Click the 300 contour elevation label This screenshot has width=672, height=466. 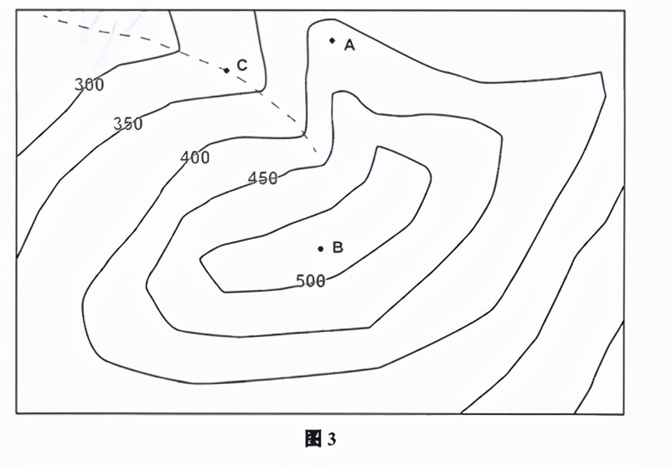tap(89, 85)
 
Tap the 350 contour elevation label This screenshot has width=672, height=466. tap(128, 124)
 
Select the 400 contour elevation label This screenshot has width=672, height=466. tap(195, 157)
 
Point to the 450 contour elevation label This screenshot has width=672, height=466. tap(263, 178)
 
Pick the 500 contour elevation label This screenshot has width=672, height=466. tap(311, 281)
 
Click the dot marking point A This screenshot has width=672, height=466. tap(332, 40)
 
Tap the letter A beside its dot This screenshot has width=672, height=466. tap(349, 45)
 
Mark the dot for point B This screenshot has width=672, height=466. tap(320, 248)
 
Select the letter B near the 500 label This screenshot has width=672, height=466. tap(338, 247)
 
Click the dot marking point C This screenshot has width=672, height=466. tap(226, 70)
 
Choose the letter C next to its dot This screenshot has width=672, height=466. tap(241, 65)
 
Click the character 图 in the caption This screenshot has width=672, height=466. tap(314, 439)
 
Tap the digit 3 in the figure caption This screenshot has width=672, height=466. tap(332, 439)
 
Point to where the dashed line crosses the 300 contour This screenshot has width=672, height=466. tap(179, 51)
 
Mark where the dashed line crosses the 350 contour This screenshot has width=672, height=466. tap(257, 90)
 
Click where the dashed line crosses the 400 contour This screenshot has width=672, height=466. tap(303, 132)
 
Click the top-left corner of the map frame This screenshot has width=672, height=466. tap(17, 11)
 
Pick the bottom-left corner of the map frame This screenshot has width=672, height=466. tap(17, 413)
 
